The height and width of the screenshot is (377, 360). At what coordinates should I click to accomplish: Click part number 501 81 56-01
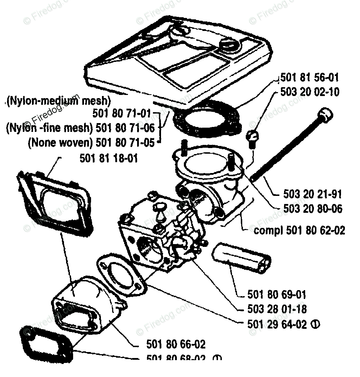310,78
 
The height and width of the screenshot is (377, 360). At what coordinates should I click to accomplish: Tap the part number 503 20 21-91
313,194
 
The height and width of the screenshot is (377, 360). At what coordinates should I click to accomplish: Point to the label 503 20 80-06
313,209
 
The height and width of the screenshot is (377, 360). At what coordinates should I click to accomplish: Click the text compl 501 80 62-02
299,230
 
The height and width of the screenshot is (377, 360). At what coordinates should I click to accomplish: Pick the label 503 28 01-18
277,309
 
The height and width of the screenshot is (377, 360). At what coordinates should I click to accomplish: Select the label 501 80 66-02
175,344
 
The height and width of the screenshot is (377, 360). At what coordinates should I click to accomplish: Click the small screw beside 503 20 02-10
253,139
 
